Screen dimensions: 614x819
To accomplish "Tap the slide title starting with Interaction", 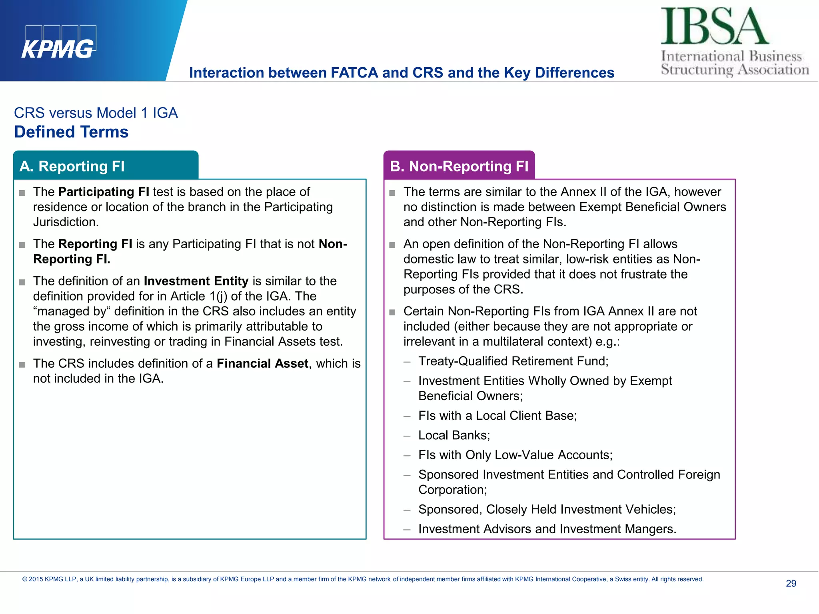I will coord(402,73).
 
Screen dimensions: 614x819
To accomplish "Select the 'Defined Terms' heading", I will coord(71,132).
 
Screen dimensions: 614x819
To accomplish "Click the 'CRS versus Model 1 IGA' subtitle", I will coord(96,113).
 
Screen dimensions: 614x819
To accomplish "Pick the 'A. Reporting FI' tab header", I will coord(72,166).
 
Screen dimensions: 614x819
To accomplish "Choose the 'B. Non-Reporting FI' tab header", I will coord(459,166).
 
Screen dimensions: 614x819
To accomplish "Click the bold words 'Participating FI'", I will coord(104,192).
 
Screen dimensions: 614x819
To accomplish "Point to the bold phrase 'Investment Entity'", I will coord(196,281).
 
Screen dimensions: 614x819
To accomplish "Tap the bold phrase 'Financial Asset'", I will coord(262,363).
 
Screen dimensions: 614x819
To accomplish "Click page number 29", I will coord(791,584).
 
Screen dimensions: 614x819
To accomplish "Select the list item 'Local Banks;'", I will coord(454,435).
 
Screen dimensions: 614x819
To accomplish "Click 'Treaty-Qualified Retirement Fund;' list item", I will coord(513,361).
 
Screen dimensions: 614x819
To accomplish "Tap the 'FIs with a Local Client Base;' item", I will coord(497,416).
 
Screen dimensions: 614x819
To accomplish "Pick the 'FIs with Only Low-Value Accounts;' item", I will coord(515,455).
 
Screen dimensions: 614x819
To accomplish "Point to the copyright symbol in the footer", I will coord(25,580).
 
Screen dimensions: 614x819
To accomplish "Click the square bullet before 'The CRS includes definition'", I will coord(22,365).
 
